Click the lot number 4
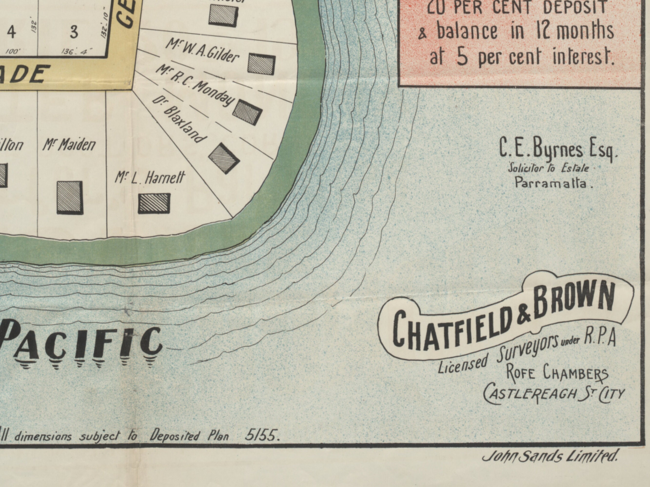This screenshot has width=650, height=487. pyautogui.click(x=11, y=32)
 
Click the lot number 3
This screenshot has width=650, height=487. pyautogui.click(x=74, y=32)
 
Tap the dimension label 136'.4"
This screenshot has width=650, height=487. pyautogui.click(x=76, y=52)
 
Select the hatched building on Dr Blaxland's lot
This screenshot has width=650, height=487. pyautogui.click(x=224, y=158)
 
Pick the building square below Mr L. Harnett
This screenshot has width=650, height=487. pyautogui.click(x=154, y=203)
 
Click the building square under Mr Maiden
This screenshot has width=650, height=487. pyautogui.click(x=70, y=197)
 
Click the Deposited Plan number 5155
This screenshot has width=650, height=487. pyautogui.click(x=262, y=436)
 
